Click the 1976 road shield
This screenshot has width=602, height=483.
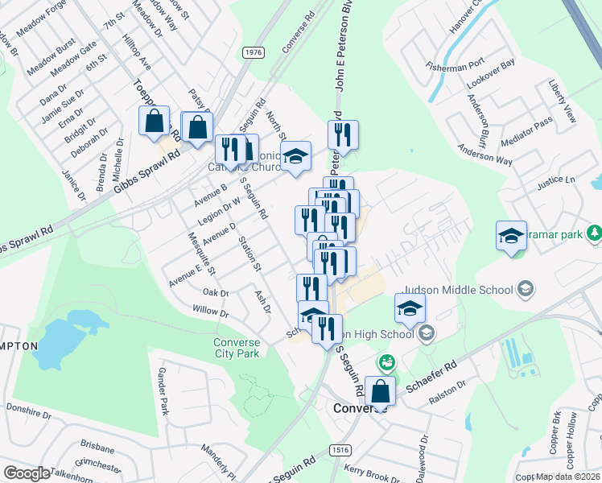tap(253, 52)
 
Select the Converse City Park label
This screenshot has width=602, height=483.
tap(237, 347)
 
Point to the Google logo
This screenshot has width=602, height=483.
tap(27, 473)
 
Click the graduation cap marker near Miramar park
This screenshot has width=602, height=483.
tap(511, 236)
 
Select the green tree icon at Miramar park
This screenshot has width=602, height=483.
tap(594, 233)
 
